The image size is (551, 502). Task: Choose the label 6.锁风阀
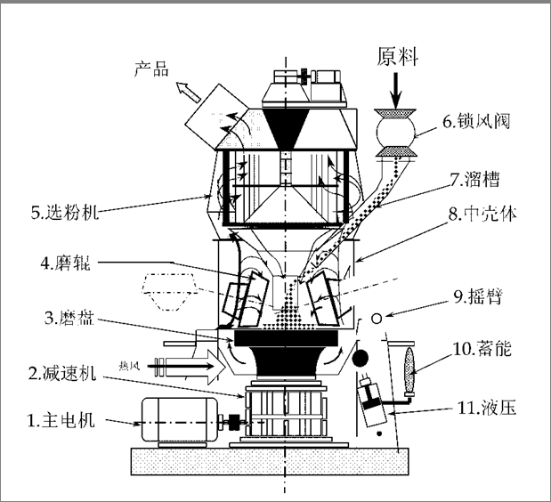[x=478, y=122]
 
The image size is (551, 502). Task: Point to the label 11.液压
[x=484, y=409]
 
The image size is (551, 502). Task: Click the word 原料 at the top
[x=393, y=55]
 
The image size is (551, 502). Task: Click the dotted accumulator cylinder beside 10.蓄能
[x=411, y=364]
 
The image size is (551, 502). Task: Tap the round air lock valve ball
[x=394, y=133]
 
